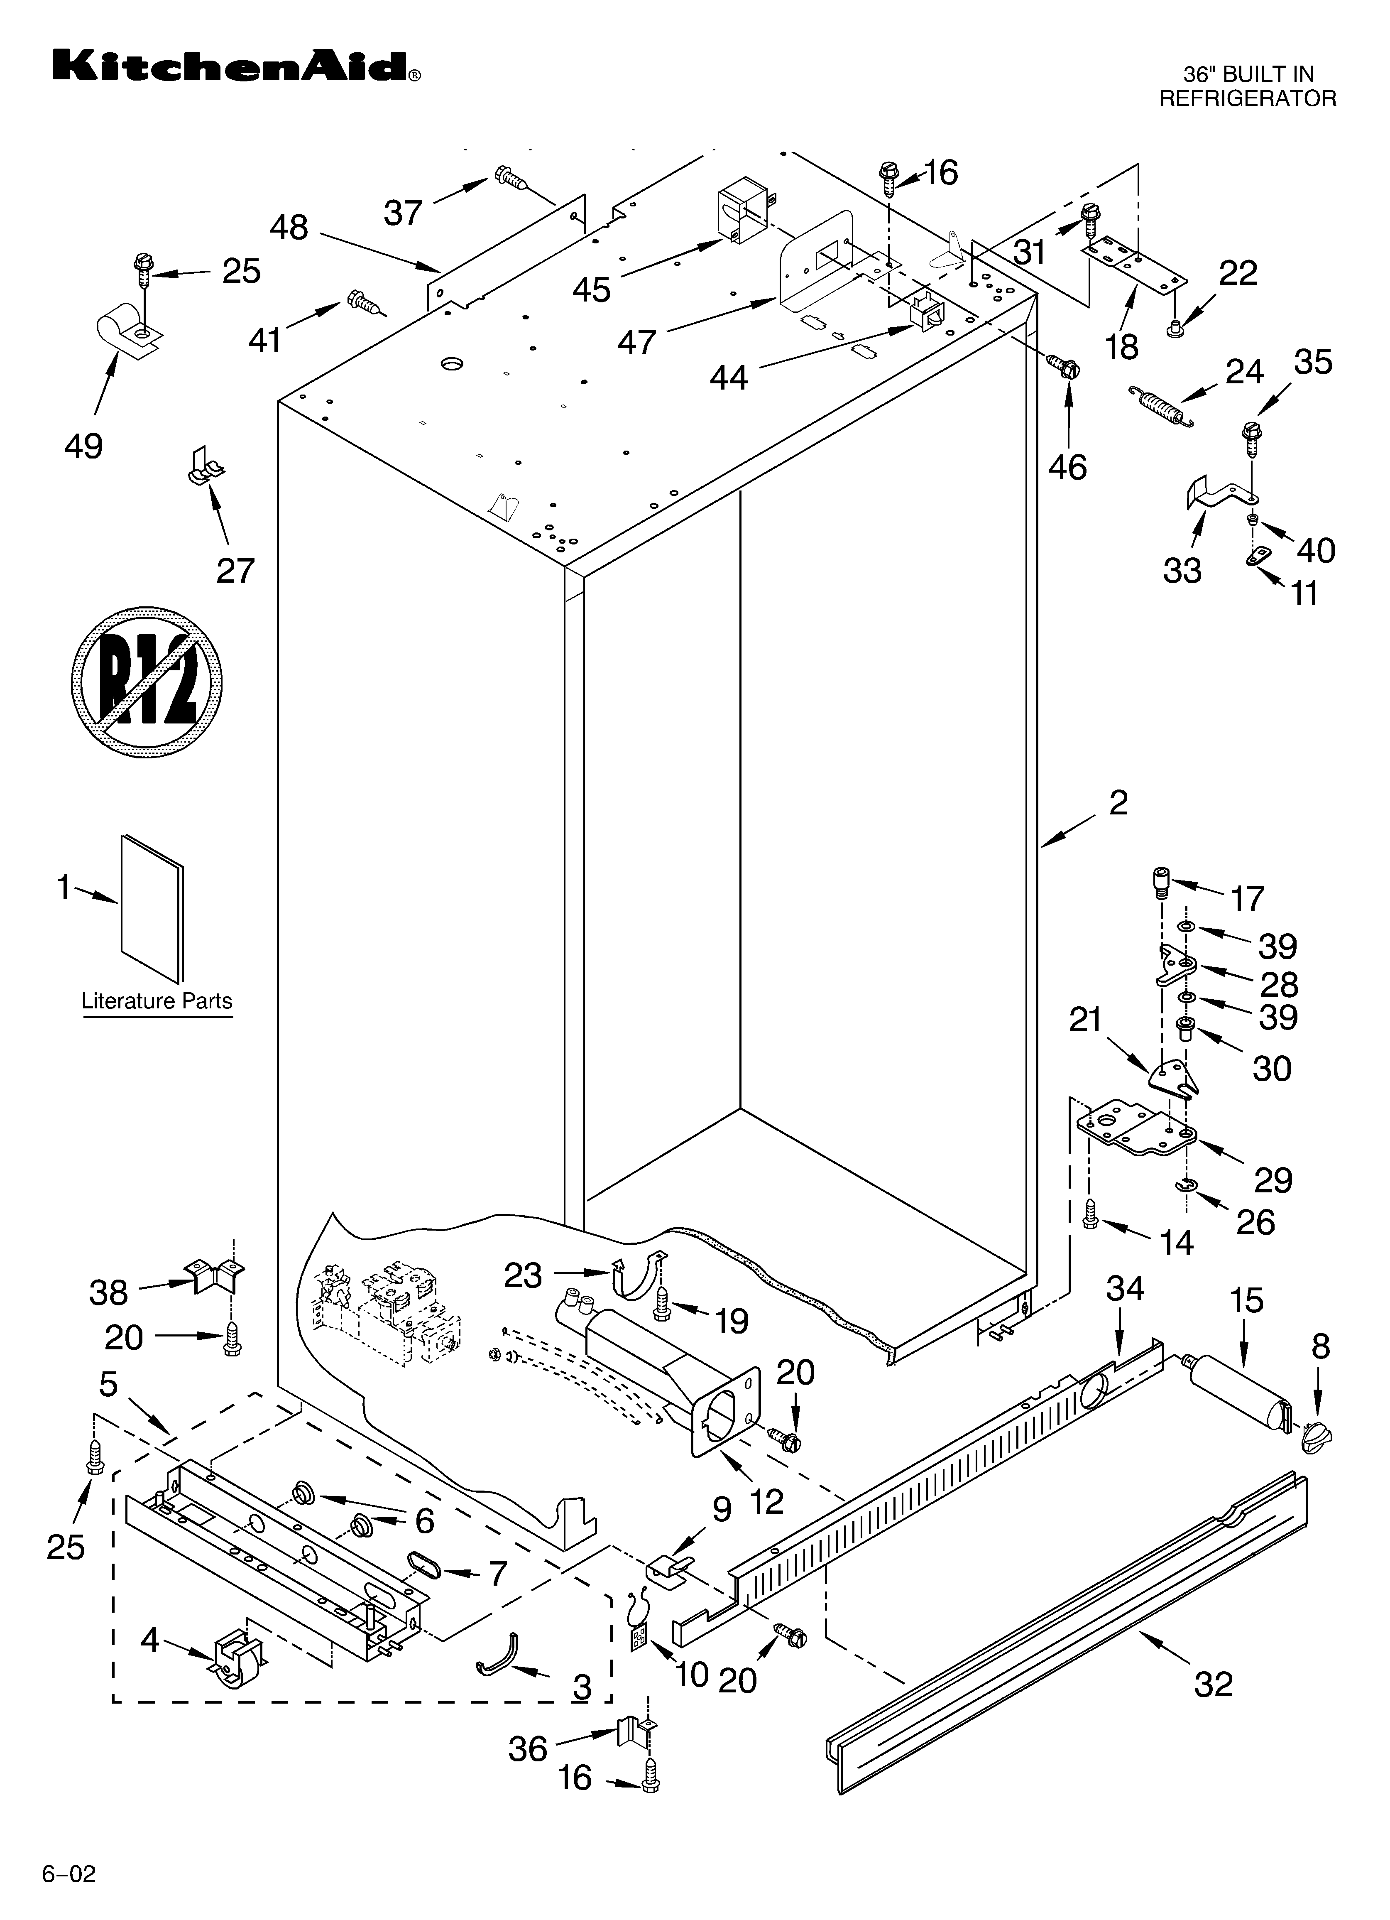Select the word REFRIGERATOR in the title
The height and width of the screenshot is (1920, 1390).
pyautogui.click(x=1247, y=98)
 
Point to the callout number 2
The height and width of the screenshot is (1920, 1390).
pyautogui.click(x=1118, y=802)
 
